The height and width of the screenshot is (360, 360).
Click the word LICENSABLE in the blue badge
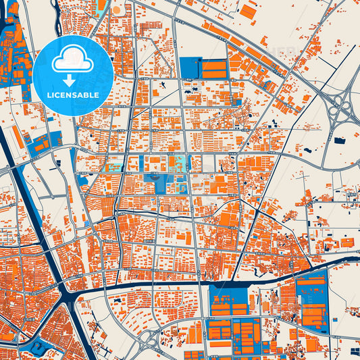tap(72, 95)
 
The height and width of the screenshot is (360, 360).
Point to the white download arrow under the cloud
tap(72, 80)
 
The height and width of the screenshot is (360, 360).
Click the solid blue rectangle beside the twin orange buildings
tap(189, 68)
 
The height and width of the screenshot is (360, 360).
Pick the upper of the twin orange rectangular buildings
tap(215, 66)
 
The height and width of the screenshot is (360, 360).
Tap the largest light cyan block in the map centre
tap(180, 163)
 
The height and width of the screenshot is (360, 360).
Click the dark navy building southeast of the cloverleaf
tap(340, 140)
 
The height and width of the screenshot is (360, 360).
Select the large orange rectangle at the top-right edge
tap(249, 11)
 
